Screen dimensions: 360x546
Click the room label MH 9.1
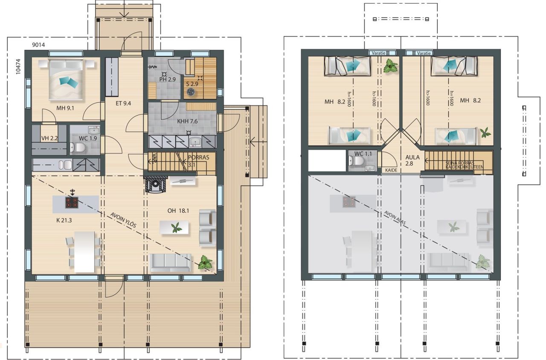[65, 108]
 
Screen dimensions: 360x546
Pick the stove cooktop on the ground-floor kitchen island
[72, 203]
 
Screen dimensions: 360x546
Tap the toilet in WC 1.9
[78, 148]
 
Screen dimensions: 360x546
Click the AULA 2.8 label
[412, 160]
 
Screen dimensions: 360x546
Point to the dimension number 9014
[38, 44]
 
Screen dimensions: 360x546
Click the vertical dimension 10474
[17, 67]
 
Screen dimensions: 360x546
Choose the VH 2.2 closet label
[49, 138]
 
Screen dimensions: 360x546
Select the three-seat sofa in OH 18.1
[171, 262]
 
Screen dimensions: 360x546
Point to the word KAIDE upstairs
[391, 170]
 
